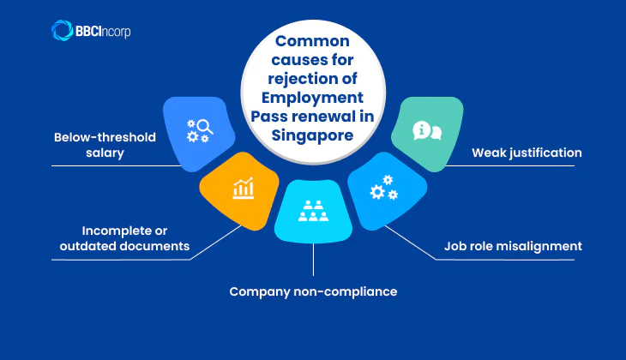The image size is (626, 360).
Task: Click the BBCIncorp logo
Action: tap(91, 31)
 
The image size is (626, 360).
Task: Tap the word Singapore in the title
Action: tap(313, 137)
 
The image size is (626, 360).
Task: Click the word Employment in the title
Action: tap(313, 100)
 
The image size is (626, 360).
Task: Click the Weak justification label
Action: tap(527, 153)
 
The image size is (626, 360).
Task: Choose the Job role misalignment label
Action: tap(513, 246)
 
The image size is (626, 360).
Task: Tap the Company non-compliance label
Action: tap(313, 291)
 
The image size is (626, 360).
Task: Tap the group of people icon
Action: tap(313, 211)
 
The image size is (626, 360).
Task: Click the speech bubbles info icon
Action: tap(427, 130)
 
